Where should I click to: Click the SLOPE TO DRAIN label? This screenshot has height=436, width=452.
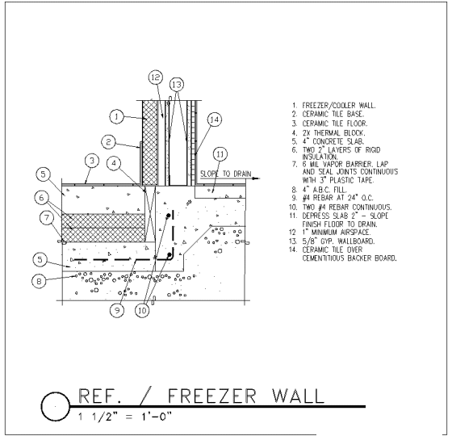tap(226, 174)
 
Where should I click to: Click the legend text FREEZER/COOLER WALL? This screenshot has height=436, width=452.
tap(339, 106)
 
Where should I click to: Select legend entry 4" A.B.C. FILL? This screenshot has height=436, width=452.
tap(324, 190)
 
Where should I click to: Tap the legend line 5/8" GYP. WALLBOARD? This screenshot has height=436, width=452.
tap(338, 241)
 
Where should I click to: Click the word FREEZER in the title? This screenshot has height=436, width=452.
tap(211, 396)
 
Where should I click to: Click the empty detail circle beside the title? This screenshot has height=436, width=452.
tap(42, 406)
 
